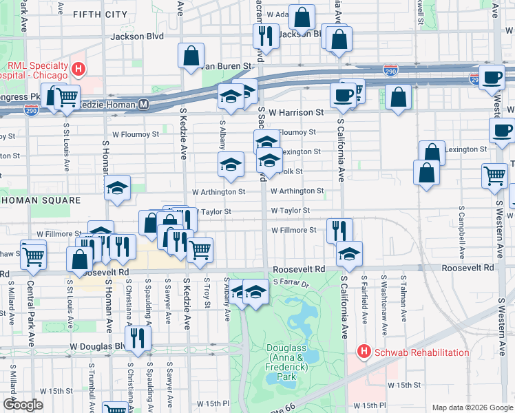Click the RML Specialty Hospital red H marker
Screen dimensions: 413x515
click(x=78, y=69)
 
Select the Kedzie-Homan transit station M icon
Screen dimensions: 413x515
click(x=144, y=105)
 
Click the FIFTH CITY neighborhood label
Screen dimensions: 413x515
click(x=100, y=14)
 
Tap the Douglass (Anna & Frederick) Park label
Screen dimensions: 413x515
click(x=290, y=362)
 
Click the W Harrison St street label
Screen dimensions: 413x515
click(x=296, y=112)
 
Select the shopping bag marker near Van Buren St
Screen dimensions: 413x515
click(x=191, y=56)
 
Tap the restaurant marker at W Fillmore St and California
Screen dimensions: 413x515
click(x=339, y=230)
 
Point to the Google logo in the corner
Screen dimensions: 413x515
click(x=22, y=404)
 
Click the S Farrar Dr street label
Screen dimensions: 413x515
click(x=292, y=282)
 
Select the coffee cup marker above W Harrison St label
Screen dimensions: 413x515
click(x=343, y=95)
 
